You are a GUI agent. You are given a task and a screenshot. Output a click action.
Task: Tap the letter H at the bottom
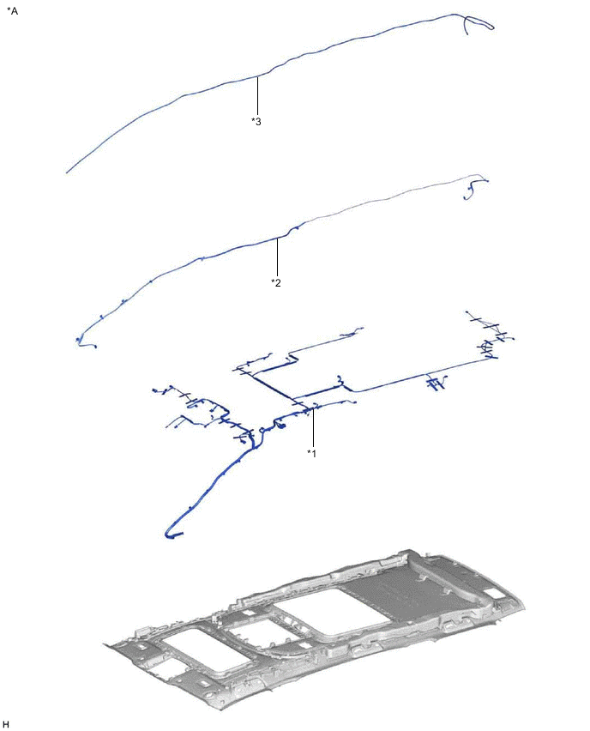tap(6, 723)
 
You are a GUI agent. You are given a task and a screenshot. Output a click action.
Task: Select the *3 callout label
tap(256, 121)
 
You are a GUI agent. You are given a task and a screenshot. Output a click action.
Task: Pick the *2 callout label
tap(276, 281)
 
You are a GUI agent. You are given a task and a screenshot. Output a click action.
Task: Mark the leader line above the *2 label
tap(278, 257)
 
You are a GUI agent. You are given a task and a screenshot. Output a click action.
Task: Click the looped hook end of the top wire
tap(480, 24)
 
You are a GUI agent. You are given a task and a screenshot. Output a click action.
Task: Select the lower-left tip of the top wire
tap(68, 172)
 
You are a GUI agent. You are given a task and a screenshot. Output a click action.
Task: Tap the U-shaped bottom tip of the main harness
tap(172, 535)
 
